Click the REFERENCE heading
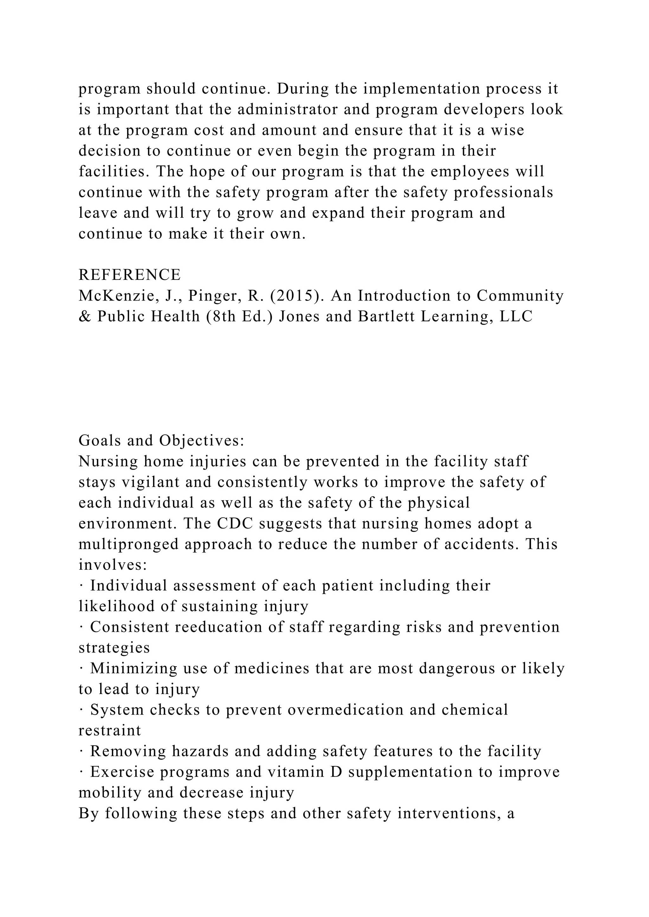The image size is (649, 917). [x=130, y=275]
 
